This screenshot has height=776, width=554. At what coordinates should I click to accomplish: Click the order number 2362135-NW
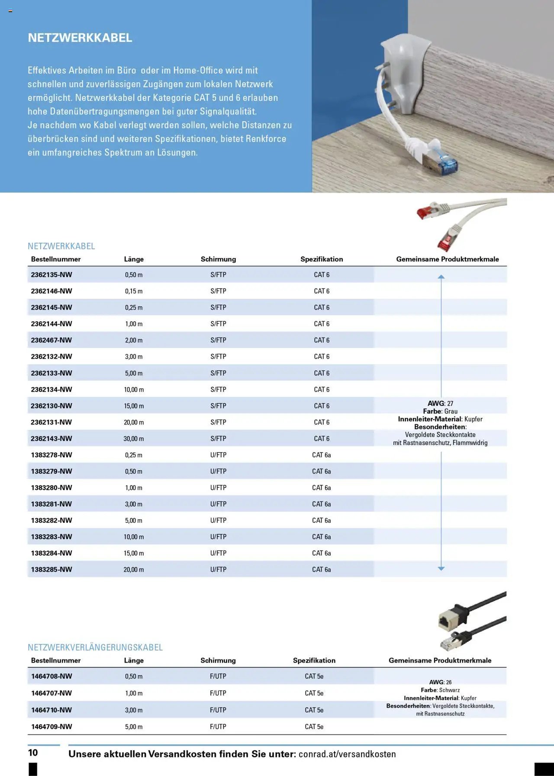point(52,275)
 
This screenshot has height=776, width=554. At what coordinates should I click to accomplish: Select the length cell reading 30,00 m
point(134,439)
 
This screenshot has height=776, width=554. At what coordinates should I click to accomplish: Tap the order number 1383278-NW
point(52,455)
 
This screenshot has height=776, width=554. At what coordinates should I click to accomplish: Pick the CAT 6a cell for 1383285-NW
point(322,569)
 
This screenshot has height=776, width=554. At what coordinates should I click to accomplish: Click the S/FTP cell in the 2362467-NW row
point(218,340)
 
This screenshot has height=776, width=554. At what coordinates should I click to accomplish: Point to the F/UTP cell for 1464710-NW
point(218,710)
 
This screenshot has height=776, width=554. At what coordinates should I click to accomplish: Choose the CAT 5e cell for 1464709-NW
point(314,727)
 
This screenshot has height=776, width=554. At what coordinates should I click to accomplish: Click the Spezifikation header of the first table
point(322,259)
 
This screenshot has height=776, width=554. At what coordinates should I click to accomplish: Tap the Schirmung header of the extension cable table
point(218,660)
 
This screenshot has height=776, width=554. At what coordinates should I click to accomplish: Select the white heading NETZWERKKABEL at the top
point(80,38)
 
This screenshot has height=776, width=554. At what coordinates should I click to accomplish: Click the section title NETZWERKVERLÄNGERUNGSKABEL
point(95,647)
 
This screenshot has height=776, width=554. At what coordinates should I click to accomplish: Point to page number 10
point(33,753)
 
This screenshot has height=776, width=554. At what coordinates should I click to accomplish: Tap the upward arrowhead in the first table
point(441,277)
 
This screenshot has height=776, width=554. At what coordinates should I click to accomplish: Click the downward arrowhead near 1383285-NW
point(441,568)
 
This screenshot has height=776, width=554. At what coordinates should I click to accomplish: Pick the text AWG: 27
point(440,403)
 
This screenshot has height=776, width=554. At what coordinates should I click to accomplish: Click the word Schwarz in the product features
point(449,690)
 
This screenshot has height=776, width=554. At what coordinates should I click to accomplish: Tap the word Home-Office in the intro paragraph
point(198,70)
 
